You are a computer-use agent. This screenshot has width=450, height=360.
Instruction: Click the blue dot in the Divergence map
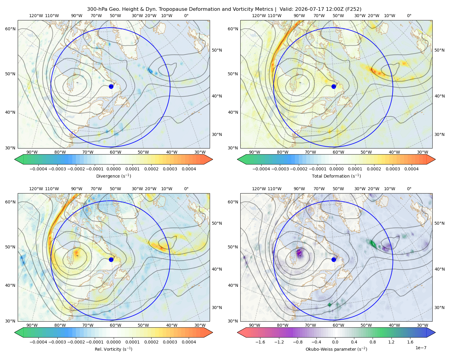coord(111,86)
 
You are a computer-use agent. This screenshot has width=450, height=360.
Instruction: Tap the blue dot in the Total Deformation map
coord(334,86)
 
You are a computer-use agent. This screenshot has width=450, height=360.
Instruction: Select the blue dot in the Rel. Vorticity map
coord(111,259)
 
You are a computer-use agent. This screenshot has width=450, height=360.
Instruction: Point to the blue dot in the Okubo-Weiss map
coord(334,259)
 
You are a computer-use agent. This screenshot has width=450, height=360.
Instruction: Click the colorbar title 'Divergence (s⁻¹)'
coord(113,176)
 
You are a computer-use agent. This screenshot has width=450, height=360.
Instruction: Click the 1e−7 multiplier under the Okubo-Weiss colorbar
coord(421,348)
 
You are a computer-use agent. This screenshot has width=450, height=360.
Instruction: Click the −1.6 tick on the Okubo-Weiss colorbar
coord(260,342)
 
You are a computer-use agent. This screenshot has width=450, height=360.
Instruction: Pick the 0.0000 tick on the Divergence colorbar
coord(113,169)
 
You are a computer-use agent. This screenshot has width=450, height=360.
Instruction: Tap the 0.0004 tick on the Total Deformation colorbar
coord(411,169)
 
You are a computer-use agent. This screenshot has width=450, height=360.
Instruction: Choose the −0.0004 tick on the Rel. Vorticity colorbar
coord(38,342)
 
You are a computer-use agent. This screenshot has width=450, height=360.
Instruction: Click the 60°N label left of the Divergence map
coord(10,29)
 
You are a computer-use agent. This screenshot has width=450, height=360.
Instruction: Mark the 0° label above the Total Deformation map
coord(409,16)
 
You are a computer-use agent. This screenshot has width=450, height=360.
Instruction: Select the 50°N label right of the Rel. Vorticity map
coord(217,223)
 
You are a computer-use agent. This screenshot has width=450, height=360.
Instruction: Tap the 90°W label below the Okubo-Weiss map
coord(254,325)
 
